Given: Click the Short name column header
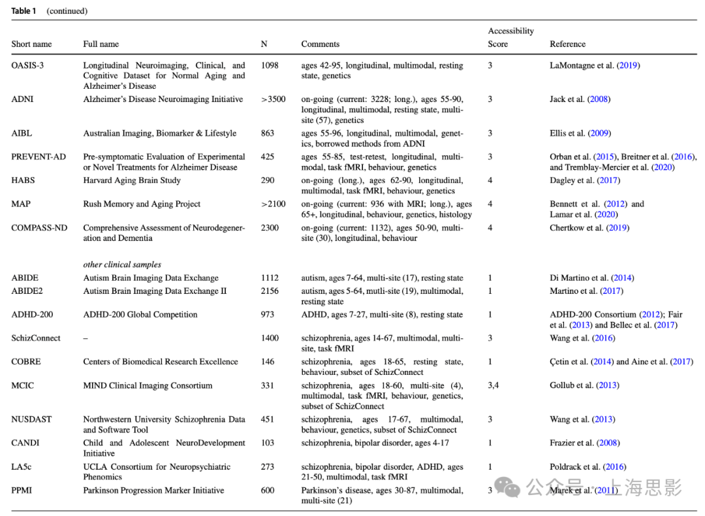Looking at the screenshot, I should click(31, 44).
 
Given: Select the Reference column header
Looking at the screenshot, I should click(567, 44).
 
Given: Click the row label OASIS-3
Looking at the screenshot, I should click(27, 65).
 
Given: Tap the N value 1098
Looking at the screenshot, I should click(270, 65).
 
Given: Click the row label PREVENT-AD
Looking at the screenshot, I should click(39, 157).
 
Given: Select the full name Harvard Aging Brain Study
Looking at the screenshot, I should click(132, 180).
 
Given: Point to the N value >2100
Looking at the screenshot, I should click(273, 204).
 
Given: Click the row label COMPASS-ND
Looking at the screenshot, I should click(39, 228).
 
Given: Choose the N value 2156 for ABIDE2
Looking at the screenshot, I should click(270, 291).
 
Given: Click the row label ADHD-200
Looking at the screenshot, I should click(32, 315).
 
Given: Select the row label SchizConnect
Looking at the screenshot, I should click(36, 338).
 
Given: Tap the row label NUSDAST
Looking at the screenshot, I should click(31, 419).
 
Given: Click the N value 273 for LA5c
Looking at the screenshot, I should click(268, 467).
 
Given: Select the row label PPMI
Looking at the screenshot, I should click(22, 491).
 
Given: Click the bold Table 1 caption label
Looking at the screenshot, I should click(24, 11).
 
